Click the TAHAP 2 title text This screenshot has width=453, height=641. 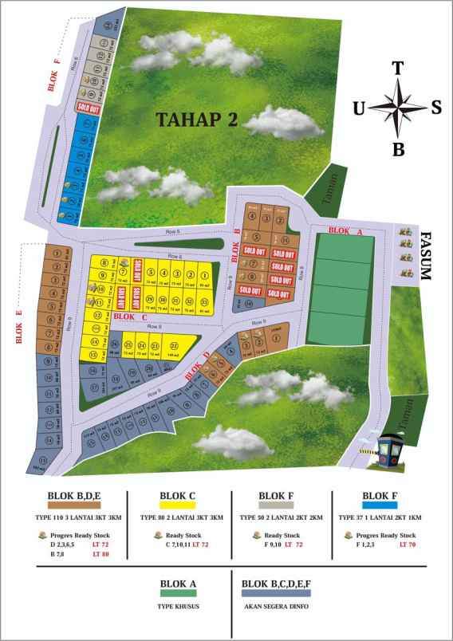(197, 120)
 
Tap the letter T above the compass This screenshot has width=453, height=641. (397, 69)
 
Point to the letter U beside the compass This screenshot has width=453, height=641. (360, 109)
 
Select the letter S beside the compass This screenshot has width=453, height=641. (435, 108)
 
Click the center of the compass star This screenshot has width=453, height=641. (398, 108)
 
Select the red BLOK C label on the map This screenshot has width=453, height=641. (132, 317)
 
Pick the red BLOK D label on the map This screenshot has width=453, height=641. (197, 364)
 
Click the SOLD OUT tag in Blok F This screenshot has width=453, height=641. (88, 106)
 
